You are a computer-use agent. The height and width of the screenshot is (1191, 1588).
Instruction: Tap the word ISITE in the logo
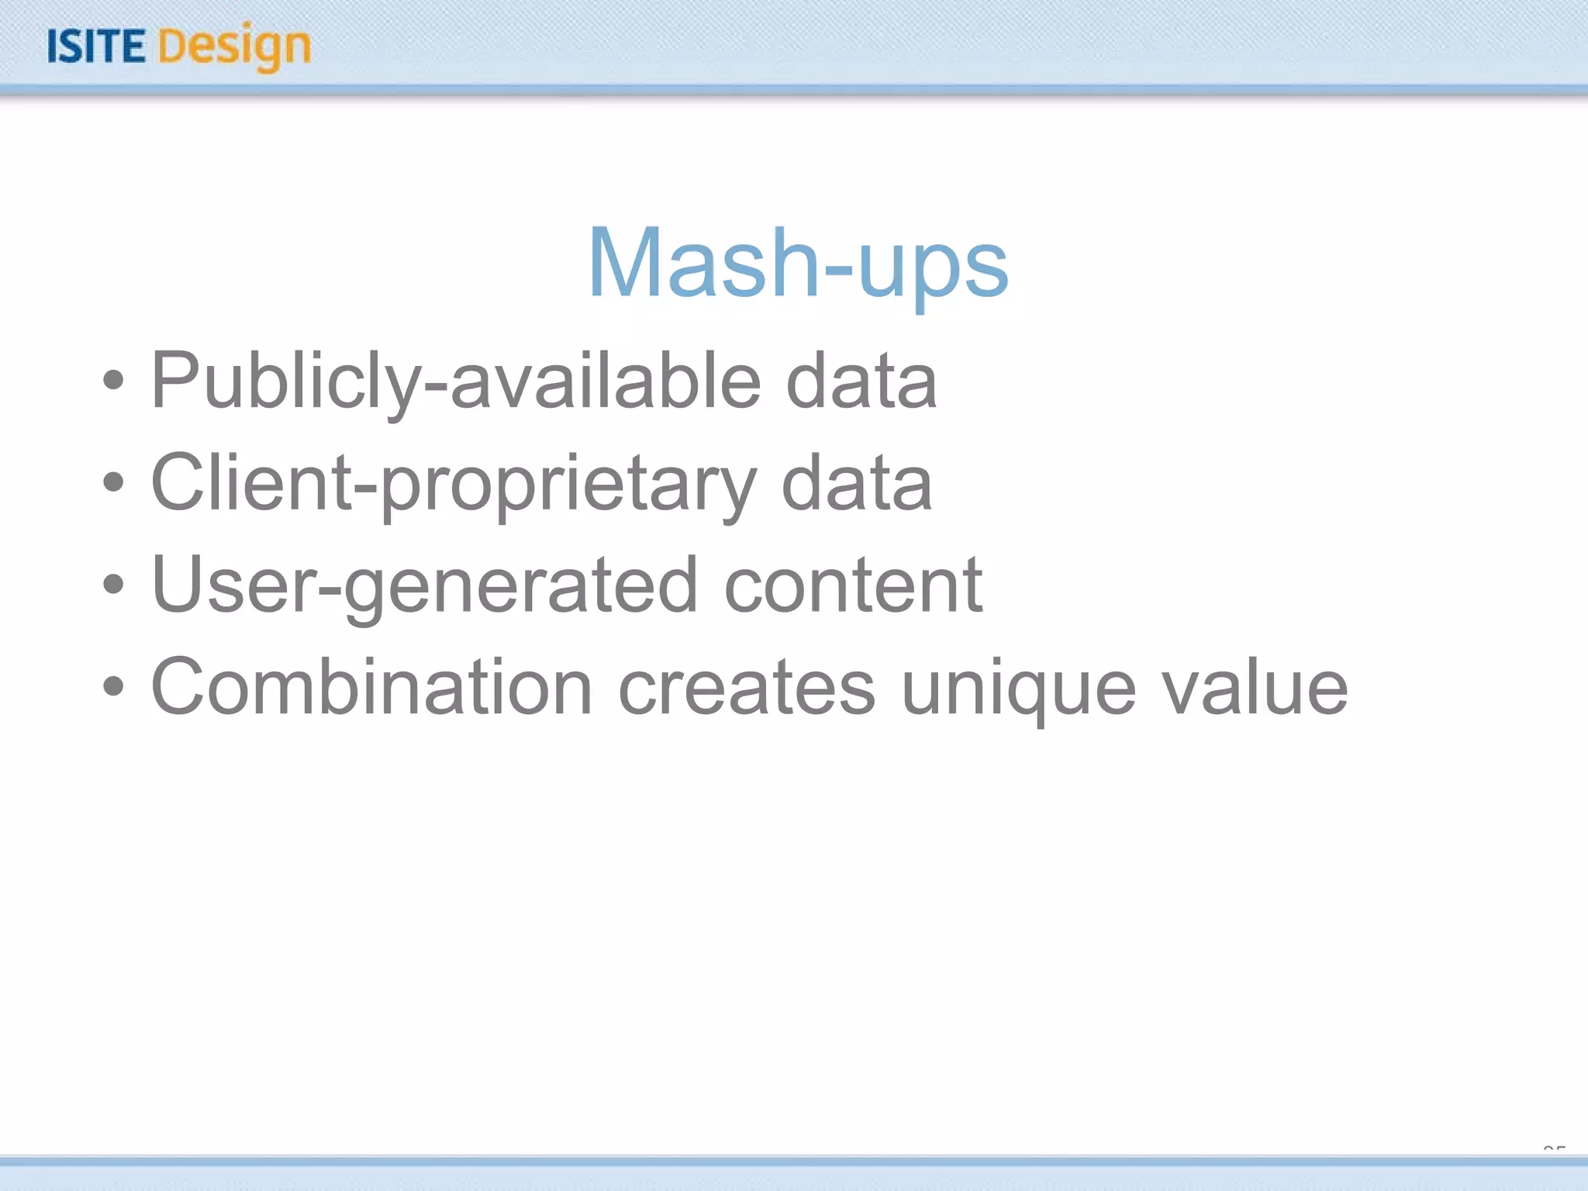pos(96,47)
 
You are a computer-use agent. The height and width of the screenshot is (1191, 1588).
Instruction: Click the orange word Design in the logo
pos(235,47)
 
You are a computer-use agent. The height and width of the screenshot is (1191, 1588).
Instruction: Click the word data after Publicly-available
pos(861,381)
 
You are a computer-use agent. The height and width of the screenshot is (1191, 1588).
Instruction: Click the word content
pos(853,586)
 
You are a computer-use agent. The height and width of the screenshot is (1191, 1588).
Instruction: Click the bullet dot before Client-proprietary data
pos(113,482)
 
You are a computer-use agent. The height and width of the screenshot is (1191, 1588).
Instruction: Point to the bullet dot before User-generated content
pos(113,585)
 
